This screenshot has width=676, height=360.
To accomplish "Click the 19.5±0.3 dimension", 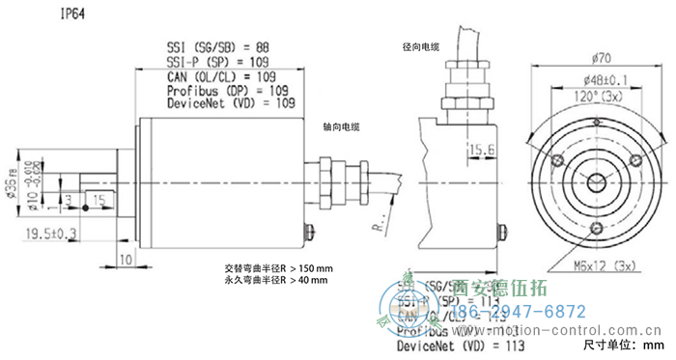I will (x=50, y=233).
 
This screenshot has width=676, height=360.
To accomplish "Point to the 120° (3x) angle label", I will (x=588, y=97).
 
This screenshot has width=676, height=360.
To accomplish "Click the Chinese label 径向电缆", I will (x=421, y=46).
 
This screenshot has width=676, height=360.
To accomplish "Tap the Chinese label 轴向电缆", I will (x=342, y=126).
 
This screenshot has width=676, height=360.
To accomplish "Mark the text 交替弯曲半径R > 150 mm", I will (x=277, y=267).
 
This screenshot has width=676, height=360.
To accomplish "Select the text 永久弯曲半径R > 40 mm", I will (x=275, y=281).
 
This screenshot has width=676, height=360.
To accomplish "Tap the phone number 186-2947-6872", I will (x=519, y=312).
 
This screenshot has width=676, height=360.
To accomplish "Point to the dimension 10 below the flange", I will (x=126, y=260).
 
